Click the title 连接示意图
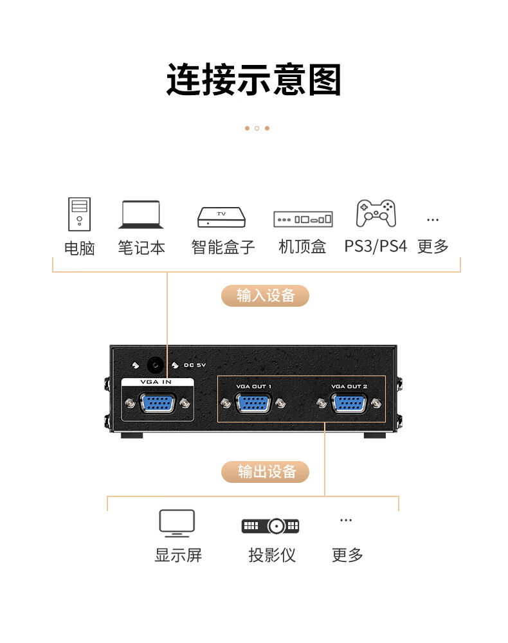point(254,80)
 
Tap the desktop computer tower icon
point(80,214)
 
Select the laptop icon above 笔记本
point(141,215)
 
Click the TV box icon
point(222,217)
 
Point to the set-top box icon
point(303,219)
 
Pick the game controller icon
point(376,213)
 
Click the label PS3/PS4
point(376,246)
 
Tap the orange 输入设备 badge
point(266,296)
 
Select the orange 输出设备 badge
point(266,472)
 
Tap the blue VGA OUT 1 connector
point(253,403)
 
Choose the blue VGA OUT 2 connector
point(349,403)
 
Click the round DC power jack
point(155,365)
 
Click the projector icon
point(271,526)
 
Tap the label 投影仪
point(272,556)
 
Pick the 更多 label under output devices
point(347,556)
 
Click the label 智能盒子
point(223,247)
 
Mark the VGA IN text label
point(156,382)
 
